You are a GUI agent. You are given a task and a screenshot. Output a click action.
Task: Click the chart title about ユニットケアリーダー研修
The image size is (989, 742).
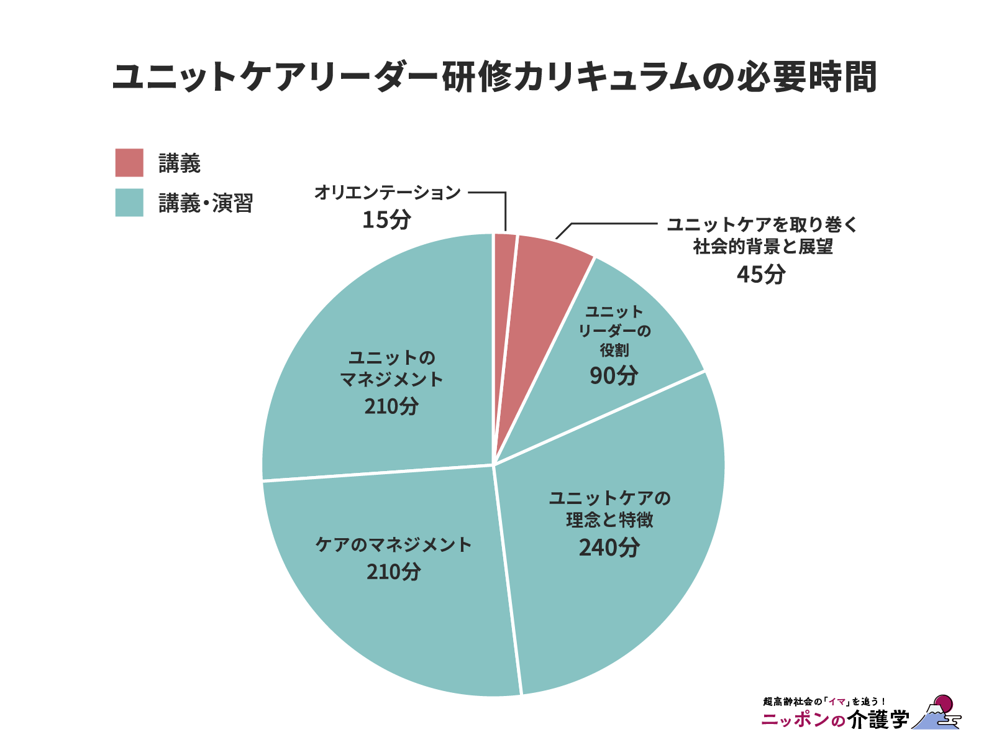point(494,77)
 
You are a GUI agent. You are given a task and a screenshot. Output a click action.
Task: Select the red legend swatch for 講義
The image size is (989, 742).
point(129,163)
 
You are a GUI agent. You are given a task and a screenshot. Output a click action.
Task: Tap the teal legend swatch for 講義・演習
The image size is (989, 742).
point(129,203)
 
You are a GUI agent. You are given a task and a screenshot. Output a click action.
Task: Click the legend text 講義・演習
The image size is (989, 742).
point(206,203)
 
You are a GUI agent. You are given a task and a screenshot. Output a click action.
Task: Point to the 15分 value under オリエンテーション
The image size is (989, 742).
point(386,219)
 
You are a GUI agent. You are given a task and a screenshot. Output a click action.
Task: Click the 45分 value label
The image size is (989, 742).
point(761,273)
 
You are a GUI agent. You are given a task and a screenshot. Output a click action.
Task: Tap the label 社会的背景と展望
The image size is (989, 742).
point(763,247)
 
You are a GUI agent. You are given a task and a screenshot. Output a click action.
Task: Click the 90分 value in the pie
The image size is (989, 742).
point(614,375)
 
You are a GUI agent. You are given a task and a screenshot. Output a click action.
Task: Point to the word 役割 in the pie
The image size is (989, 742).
point(614,350)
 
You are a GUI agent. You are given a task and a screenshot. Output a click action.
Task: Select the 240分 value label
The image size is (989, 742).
point(609,547)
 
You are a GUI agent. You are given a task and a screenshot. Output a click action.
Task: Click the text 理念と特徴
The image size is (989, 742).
point(609,520)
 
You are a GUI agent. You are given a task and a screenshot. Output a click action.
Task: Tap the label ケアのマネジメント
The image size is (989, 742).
point(394,544)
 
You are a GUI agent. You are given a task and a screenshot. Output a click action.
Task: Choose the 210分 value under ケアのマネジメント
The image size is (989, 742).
point(394,571)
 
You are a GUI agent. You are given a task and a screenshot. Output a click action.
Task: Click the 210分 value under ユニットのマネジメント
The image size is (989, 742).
point(391,406)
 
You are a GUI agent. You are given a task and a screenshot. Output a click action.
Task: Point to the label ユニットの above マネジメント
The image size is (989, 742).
point(391,358)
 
